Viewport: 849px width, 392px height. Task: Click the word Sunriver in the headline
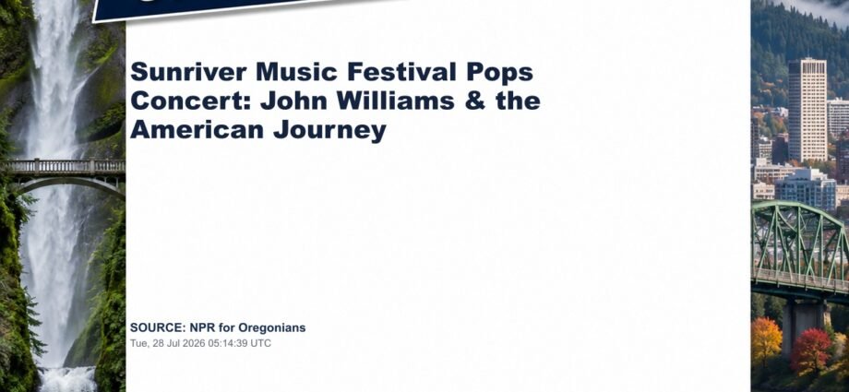click(x=189, y=72)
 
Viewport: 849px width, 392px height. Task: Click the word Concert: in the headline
click(x=191, y=101)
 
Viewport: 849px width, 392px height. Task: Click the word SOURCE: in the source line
click(x=158, y=327)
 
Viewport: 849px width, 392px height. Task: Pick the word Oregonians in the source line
click(x=272, y=328)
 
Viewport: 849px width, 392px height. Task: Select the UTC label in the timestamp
click(x=261, y=343)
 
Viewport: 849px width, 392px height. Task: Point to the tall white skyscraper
click(x=807, y=110)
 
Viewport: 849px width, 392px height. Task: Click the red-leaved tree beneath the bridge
click(x=810, y=350)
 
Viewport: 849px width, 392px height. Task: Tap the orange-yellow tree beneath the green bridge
click(x=766, y=341)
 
